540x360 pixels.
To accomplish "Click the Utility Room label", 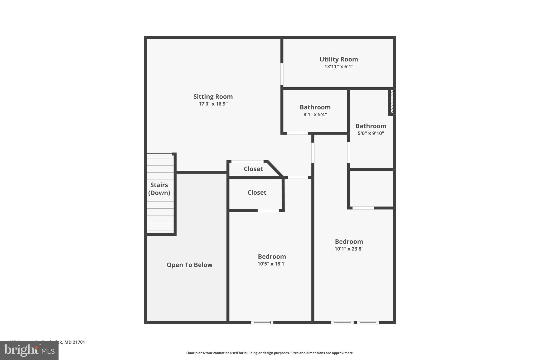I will tap(339, 59).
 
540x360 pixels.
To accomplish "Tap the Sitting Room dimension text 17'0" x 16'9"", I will tap(213, 104).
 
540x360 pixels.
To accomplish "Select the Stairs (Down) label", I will tap(159, 189).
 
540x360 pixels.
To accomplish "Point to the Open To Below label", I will tap(189, 265).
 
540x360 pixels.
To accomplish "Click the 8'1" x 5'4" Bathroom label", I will tap(315, 107).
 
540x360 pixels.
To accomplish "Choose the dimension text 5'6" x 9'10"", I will tap(371, 133).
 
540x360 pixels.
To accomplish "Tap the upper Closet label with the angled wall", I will tap(253, 169).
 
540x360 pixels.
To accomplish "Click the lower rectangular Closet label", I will tap(257, 193).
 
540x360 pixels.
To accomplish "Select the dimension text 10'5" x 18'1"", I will tap(272, 264).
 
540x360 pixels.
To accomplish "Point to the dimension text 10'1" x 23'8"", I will tap(349, 249).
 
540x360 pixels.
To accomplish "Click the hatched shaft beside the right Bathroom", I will tap(392, 102).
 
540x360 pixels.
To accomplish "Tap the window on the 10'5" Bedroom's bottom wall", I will tap(262, 322).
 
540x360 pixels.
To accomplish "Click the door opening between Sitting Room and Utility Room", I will tap(282, 74).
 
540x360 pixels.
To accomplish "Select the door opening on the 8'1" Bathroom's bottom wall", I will tap(297, 133).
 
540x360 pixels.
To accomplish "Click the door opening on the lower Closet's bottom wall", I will tap(268, 210).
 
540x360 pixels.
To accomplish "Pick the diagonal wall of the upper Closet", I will tap(275, 169).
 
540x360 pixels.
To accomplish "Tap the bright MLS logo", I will tap(29, 350).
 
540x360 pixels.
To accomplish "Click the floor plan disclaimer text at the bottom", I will tap(270, 353).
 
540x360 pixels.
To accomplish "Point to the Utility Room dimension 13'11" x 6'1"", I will tap(339, 67).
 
